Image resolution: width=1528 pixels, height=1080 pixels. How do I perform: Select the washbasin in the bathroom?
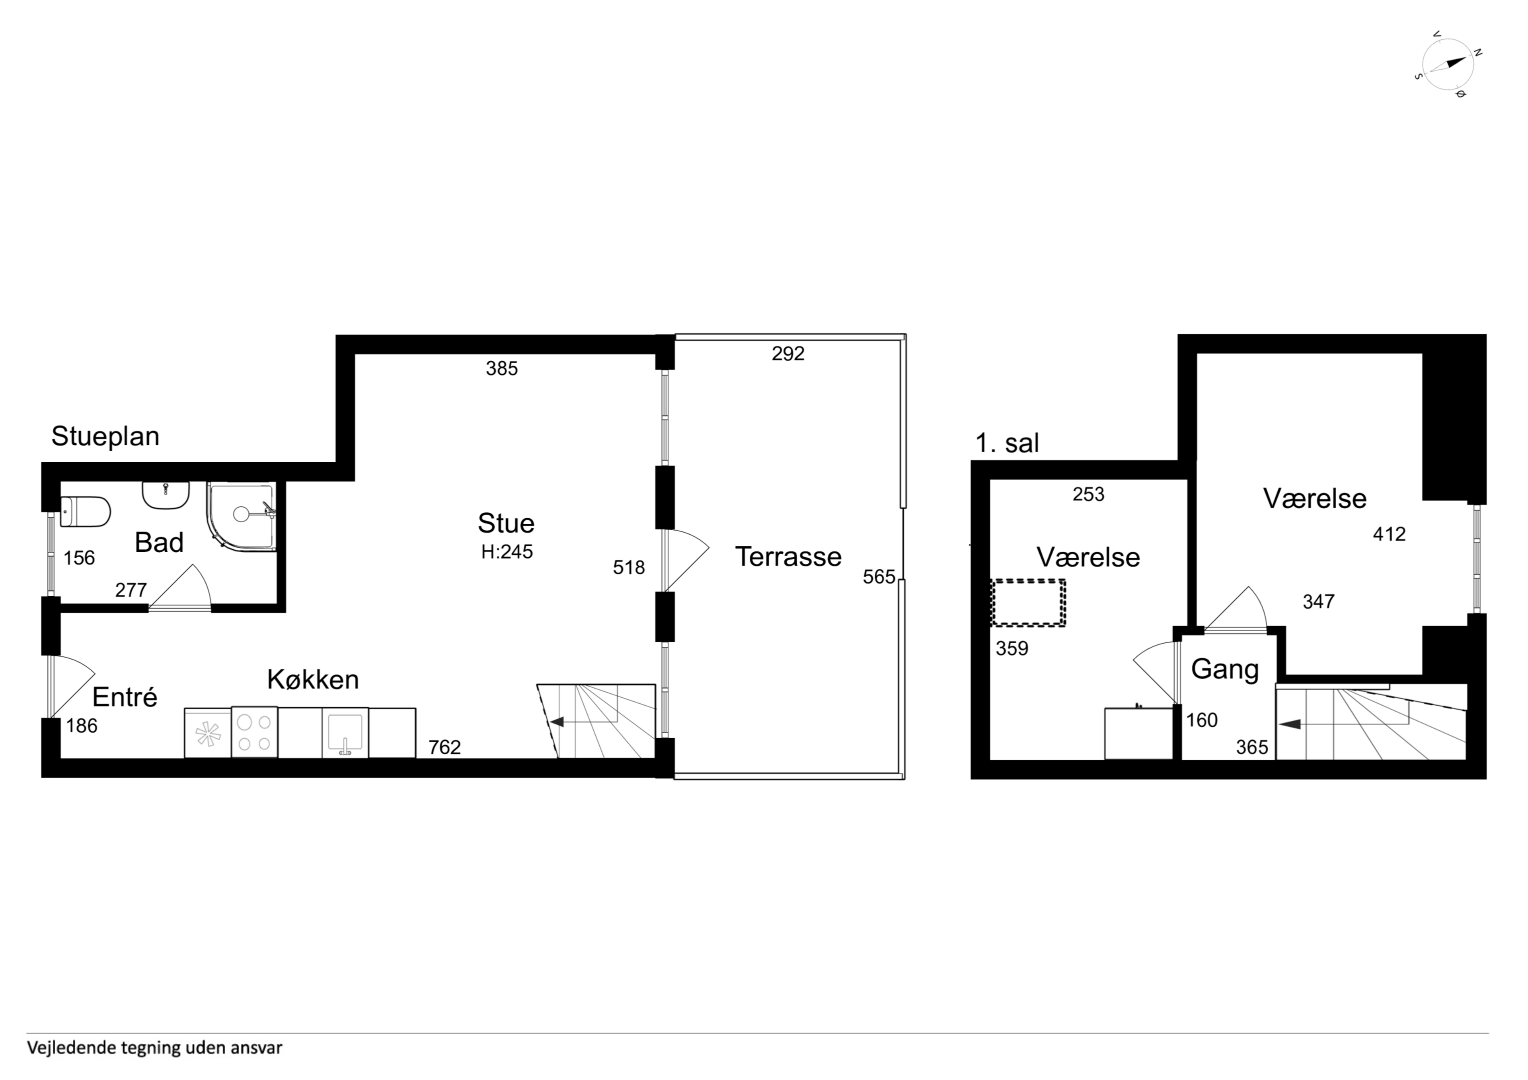(x=166, y=495)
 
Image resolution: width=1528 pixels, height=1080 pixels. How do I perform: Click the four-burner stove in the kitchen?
(x=254, y=732)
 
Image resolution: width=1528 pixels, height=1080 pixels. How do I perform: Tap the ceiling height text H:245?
(x=507, y=552)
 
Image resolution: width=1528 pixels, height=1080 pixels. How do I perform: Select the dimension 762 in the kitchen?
(x=444, y=747)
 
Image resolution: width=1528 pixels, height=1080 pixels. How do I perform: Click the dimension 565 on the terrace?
(x=879, y=576)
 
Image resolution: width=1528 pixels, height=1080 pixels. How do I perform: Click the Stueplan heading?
(x=105, y=436)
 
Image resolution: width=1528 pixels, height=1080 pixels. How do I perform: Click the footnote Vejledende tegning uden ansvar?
(x=154, y=1048)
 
